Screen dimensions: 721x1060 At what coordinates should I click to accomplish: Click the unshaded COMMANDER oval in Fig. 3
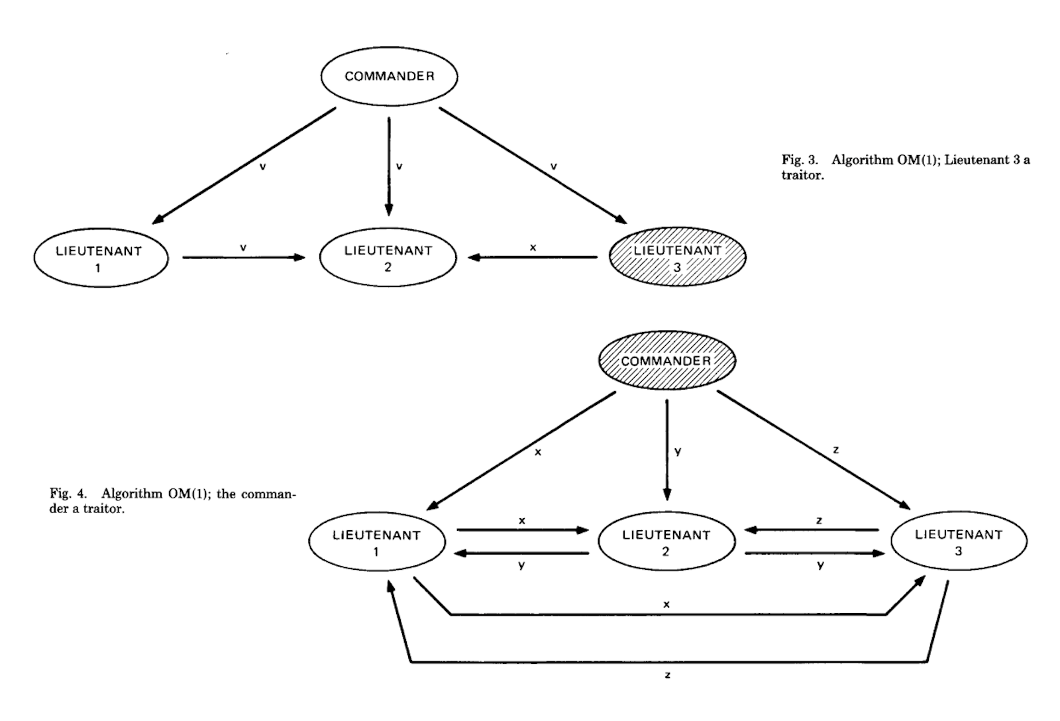coord(389,76)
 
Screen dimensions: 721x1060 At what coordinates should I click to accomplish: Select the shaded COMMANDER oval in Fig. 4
coord(666,360)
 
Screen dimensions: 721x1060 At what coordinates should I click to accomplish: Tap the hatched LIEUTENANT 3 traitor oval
coord(677,257)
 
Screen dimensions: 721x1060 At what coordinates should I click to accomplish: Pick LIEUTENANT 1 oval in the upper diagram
coord(99,258)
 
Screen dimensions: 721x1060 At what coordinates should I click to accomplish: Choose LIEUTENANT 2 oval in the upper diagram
coord(388,258)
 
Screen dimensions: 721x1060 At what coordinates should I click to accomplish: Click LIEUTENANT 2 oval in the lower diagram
coord(666,542)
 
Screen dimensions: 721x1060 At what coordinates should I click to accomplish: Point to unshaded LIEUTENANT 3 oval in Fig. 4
coord(959,541)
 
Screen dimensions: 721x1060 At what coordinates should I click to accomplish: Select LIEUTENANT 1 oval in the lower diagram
coord(376,542)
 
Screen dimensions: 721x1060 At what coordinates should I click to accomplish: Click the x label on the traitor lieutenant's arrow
coord(533,248)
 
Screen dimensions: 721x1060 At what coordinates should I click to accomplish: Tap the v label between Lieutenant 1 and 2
coord(243,247)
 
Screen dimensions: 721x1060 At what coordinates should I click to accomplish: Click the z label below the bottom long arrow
coord(667,675)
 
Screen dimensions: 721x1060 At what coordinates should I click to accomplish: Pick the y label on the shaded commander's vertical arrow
coord(678,451)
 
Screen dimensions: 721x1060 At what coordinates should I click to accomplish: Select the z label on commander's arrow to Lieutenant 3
coord(836,450)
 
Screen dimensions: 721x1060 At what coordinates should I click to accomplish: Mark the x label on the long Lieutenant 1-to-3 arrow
coord(666,604)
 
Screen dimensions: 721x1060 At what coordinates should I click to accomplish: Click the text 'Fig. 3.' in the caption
coord(802,160)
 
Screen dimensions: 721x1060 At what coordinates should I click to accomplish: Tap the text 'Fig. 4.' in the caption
coord(68,494)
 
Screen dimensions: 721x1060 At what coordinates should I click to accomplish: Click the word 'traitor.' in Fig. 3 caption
coord(803,176)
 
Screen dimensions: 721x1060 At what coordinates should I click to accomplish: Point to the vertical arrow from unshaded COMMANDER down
coord(389,166)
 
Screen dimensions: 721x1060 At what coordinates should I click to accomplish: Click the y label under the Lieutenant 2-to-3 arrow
coord(820,565)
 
